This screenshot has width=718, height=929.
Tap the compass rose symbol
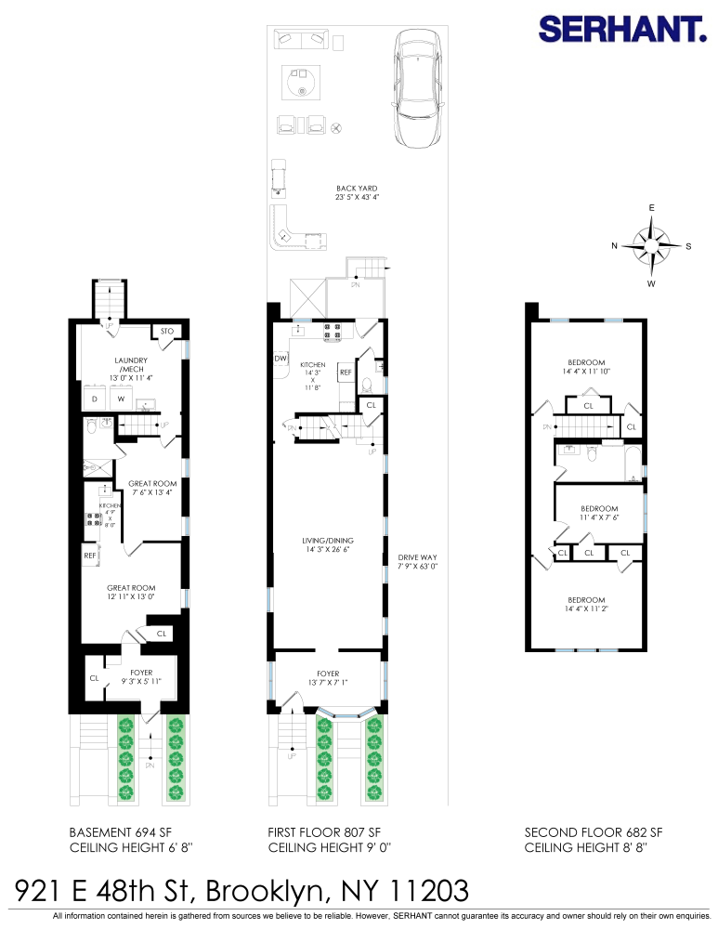coord(652,245)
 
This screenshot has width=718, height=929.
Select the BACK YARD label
coord(358,192)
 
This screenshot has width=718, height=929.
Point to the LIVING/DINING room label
coord(327,544)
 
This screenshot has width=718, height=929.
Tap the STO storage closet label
coord(167,332)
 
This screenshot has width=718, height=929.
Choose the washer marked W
coord(121,399)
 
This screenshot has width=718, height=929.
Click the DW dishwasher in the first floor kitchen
coord(281,359)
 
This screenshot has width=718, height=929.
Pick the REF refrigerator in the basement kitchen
coord(90,556)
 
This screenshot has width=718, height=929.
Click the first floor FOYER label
coord(327,677)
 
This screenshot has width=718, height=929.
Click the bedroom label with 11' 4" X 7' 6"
coord(599,514)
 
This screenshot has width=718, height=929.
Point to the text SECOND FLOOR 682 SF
coord(593,831)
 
